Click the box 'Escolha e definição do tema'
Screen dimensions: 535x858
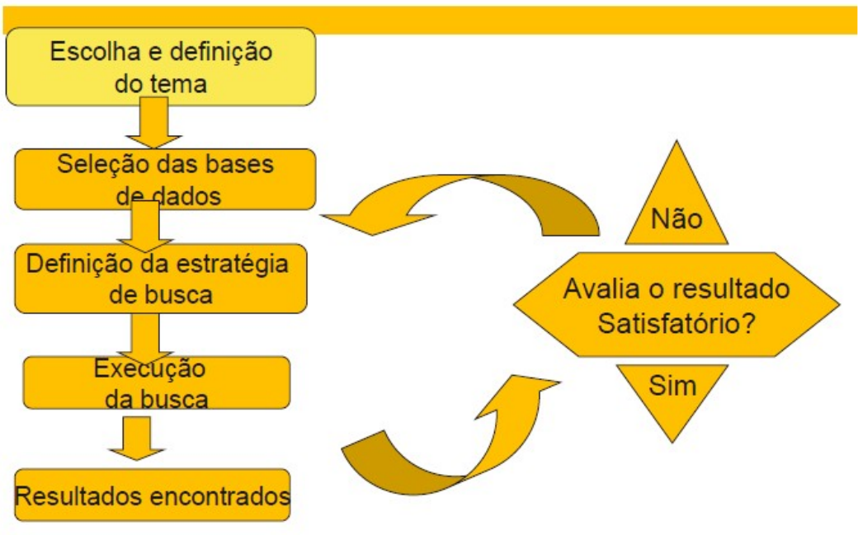161,66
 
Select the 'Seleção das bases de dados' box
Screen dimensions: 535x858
165,178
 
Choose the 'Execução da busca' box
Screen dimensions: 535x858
157,382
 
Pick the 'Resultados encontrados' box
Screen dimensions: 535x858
153,495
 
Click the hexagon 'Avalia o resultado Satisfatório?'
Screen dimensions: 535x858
676,305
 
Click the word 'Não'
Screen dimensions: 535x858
676,219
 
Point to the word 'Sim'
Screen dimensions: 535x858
672,386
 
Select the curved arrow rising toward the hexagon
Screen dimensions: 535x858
445,437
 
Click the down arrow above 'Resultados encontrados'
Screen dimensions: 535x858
135,438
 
